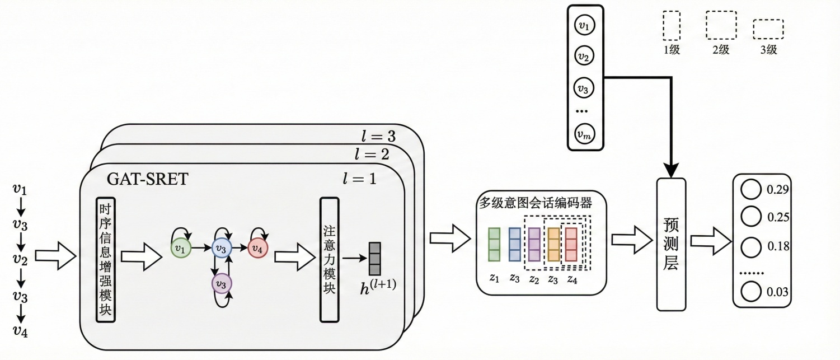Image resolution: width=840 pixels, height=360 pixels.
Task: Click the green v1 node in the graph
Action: click(x=181, y=247)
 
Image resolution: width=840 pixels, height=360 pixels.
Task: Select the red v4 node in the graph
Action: click(x=258, y=247)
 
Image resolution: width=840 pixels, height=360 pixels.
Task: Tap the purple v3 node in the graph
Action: click(x=221, y=285)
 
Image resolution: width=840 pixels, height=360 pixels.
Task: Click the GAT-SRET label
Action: click(x=148, y=179)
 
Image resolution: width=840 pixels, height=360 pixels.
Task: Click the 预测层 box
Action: click(x=670, y=244)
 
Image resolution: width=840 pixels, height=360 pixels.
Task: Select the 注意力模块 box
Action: click(x=329, y=260)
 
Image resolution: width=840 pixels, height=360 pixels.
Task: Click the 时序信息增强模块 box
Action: click(x=105, y=260)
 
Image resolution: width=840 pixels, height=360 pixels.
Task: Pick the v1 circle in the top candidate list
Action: click(x=585, y=25)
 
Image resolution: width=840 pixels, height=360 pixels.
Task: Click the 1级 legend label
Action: click(x=671, y=50)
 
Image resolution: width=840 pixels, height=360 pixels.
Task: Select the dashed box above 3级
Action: click(x=767, y=29)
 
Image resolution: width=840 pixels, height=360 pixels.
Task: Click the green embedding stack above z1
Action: click(x=494, y=244)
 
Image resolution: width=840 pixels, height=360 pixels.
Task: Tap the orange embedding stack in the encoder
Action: click(x=553, y=244)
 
